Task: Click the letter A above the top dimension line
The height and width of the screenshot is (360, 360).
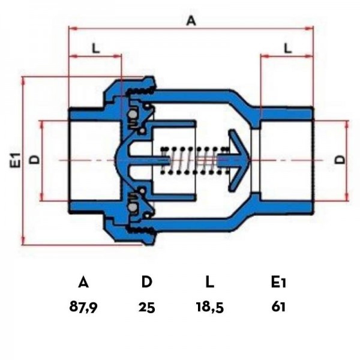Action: (191, 21)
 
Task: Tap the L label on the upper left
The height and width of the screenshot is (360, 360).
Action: (96, 48)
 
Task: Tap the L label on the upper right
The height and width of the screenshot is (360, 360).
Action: (287, 48)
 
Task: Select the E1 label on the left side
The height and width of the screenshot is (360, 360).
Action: (16, 160)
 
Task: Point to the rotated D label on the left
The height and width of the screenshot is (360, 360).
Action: (35, 160)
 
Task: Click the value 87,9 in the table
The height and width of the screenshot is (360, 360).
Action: (83, 307)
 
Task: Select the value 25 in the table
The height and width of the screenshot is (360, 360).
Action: (147, 307)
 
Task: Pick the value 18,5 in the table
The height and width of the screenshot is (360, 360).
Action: (210, 307)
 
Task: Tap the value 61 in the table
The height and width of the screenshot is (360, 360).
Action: (278, 307)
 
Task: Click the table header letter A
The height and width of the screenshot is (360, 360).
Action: (83, 282)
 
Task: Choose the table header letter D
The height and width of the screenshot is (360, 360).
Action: (147, 282)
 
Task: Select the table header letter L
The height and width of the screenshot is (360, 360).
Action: (210, 282)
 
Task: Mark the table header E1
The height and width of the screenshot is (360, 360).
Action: (278, 282)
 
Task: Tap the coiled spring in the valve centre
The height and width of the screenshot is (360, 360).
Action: (195, 160)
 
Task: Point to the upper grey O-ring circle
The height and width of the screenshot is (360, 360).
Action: (132, 115)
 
